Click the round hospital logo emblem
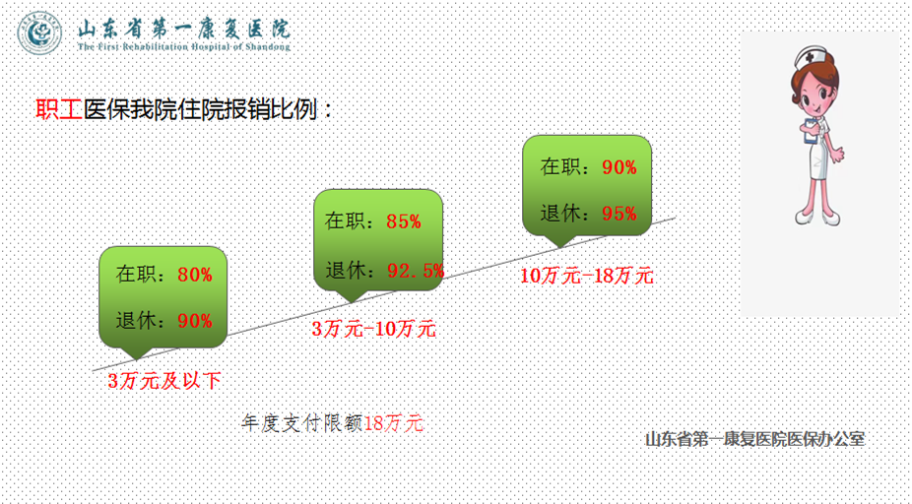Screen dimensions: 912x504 coord(39,33)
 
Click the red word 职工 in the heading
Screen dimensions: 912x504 coord(59,109)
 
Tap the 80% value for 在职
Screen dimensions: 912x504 coord(195,275)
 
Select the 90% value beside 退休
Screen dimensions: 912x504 coord(195,320)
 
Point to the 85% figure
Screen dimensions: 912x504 coord(404,220)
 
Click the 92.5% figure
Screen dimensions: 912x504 coord(416,271)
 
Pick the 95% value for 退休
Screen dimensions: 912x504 coord(619,214)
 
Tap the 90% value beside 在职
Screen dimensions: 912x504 coord(619,167)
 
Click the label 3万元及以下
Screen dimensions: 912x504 coord(164,381)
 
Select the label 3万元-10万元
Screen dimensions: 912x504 coord(374,329)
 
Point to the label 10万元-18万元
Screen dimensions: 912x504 coord(586,276)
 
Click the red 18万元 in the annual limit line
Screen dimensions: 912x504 coord(393,423)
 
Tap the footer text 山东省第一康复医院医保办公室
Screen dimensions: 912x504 coord(755,439)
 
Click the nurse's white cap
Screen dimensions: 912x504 coord(811,57)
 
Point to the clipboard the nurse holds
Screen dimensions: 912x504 coord(811,131)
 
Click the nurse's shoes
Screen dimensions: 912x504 coord(817,218)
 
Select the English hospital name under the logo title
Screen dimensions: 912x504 coord(184,46)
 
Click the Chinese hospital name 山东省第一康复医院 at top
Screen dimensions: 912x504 coord(184,28)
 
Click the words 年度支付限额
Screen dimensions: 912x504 coord(302,423)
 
